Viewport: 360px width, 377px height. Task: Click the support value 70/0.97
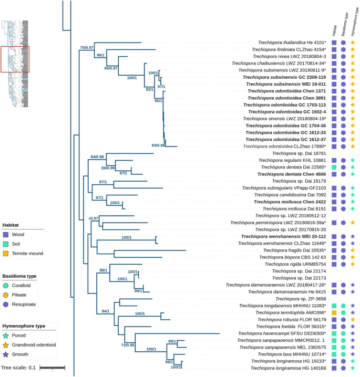(87, 48)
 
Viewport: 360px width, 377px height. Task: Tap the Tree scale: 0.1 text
(17, 367)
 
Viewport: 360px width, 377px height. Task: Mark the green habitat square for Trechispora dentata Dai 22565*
(334, 167)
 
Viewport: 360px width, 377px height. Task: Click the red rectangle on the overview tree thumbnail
(15, 59)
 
